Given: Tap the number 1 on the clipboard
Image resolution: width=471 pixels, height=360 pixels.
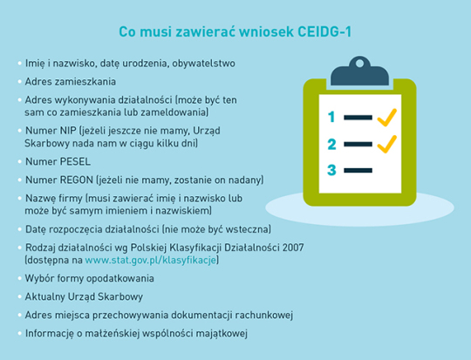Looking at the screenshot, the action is click(x=331, y=117).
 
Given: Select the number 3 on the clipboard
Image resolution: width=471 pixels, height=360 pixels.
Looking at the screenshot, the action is click(x=331, y=170).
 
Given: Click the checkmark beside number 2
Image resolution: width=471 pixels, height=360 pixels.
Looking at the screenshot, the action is click(x=387, y=144).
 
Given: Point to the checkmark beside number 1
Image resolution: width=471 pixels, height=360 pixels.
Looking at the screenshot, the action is click(x=387, y=117).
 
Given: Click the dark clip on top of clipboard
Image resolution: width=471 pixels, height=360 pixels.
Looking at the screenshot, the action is click(x=359, y=71).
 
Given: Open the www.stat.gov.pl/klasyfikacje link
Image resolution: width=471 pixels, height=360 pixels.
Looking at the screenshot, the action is click(x=151, y=260).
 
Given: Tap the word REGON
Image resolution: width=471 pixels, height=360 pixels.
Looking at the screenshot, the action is click(x=77, y=180).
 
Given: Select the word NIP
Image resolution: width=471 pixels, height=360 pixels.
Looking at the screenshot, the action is click(x=68, y=131).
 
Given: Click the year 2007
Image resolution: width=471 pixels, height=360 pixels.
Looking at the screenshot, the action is click(x=293, y=248).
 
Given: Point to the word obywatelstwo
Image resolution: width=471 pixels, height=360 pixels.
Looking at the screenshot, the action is click(x=203, y=64).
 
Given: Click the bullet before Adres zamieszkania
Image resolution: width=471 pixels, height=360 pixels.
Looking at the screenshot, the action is click(x=20, y=82).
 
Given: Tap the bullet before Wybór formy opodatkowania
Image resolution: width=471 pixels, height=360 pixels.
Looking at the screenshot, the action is click(x=20, y=278).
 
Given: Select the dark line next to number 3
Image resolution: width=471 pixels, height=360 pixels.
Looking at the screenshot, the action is click(x=358, y=171).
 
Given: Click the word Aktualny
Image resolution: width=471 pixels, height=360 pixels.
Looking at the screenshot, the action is click(x=44, y=296).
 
